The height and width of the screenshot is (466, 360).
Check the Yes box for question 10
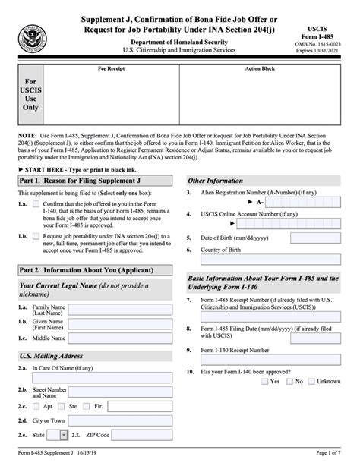(x=264, y=381)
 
